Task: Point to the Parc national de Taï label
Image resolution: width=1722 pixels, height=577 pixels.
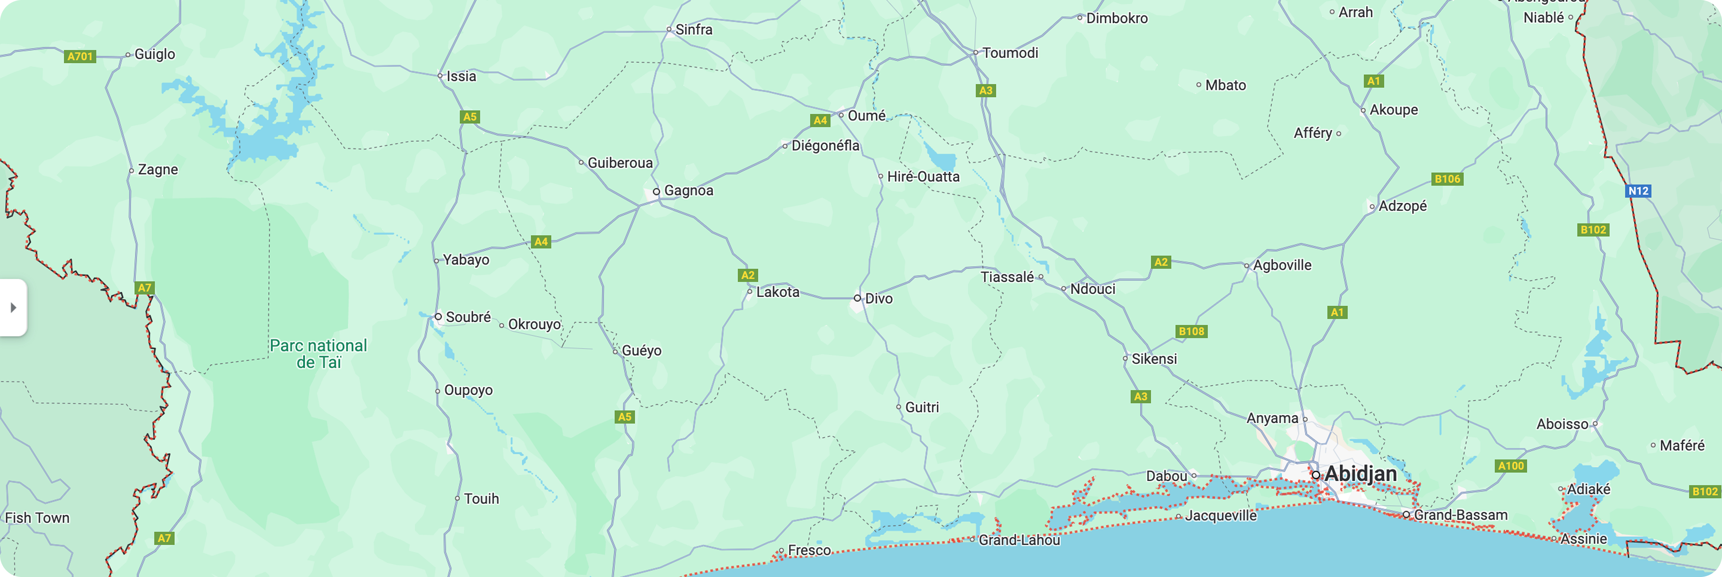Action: click(x=318, y=354)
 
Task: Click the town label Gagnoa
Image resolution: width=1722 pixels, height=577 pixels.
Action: click(x=689, y=191)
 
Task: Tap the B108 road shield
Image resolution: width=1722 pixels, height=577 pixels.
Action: click(x=1191, y=331)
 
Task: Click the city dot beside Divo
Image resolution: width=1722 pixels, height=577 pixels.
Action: click(x=857, y=298)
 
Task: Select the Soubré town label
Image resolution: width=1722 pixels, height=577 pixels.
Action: click(x=468, y=317)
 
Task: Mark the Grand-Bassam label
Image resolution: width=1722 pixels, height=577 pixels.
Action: click(x=1460, y=515)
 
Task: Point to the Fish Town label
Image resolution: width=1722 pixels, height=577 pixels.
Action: click(x=37, y=517)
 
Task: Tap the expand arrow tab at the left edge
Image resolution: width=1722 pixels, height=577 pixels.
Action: click(x=13, y=308)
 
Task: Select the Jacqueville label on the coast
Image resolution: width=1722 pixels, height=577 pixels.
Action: click(x=1221, y=515)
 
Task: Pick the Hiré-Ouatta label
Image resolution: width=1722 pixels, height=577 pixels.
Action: click(x=923, y=176)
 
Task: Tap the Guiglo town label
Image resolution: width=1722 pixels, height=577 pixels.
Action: click(x=155, y=54)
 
